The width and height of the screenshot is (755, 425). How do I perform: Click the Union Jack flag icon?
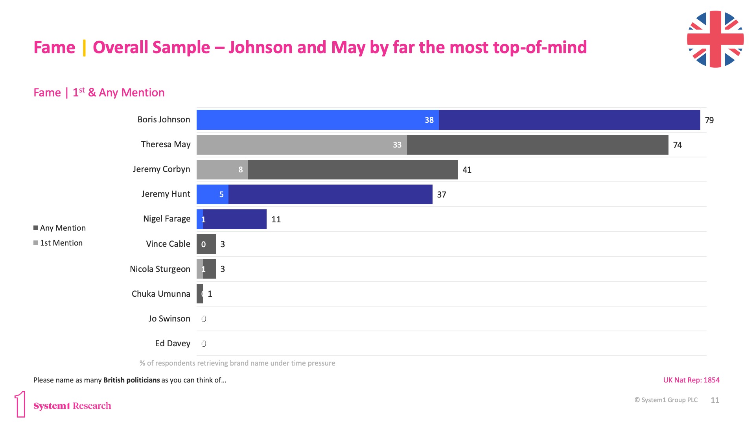tap(715, 39)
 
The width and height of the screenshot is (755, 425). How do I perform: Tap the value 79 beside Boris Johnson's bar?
tap(709, 120)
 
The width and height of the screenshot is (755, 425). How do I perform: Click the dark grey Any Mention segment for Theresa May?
tap(537, 145)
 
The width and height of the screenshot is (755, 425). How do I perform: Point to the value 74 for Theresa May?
tap(677, 145)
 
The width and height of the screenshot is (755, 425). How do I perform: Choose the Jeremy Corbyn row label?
tap(161, 169)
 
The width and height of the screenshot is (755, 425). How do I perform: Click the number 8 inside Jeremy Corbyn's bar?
tap(240, 170)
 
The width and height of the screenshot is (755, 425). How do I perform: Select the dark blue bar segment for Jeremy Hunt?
tap(330, 194)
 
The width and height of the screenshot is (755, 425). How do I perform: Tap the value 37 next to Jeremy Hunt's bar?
tap(441, 195)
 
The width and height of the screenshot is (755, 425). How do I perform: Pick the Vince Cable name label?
tap(168, 244)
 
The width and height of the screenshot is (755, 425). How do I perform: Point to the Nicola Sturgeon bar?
tap(206, 269)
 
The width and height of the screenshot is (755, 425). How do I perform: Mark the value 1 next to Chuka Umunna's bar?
tap(210, 294)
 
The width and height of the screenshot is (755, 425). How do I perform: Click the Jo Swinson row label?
tap(169, 319)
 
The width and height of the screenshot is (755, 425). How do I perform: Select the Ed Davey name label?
tap(173, 344)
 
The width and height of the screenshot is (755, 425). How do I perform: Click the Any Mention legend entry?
tap(59, 228)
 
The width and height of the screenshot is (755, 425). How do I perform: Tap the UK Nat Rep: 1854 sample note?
tap(691, 380)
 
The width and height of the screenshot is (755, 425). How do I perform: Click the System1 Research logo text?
tap(72, 406)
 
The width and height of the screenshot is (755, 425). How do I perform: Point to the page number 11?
tap(714, 400)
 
